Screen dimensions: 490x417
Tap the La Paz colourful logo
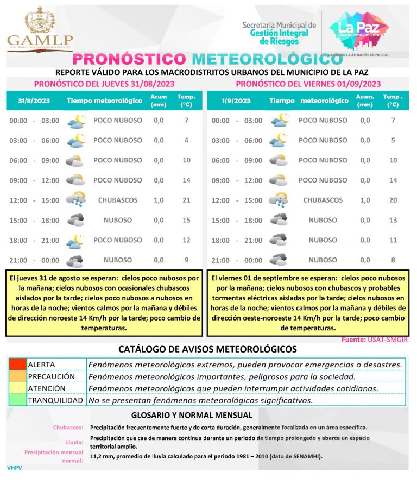(355, 29)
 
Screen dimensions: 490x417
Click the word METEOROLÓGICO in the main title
(260, 59)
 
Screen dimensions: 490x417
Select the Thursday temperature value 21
(186, 200)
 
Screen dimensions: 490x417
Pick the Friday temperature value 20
(393, 200)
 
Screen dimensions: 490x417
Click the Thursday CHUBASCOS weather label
(117, 200)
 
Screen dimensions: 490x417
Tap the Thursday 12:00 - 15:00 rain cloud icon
(76, 199)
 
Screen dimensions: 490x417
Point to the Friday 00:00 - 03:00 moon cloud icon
(279, 120)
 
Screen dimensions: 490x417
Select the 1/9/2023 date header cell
(236, 100)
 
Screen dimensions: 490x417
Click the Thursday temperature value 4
(186, 140)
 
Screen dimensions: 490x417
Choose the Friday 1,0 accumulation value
(365, 200)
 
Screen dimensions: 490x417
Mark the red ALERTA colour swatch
(17, 365)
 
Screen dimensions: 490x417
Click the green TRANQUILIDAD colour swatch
(17, 400)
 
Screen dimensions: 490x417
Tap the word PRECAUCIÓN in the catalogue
(51, 376)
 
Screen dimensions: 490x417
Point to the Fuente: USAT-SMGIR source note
(375, 340)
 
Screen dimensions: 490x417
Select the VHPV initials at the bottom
(15, 467)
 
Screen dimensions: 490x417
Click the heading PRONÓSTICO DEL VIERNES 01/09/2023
(308, 84)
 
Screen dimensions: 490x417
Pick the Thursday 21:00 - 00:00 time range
(34, 260)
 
